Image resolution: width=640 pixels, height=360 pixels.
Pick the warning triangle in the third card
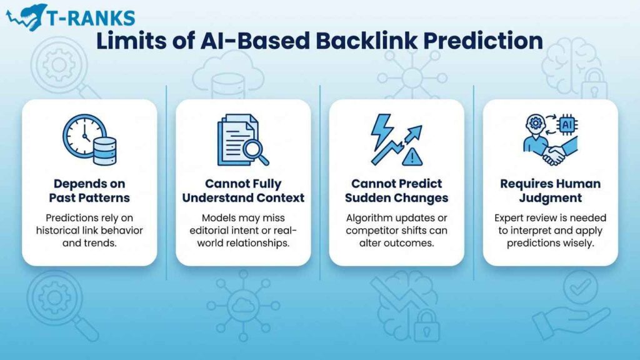pyautogui.click(x=412, y=156)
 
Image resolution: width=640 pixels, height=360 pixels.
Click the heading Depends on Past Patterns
pyautogui.click(x=89, y=191)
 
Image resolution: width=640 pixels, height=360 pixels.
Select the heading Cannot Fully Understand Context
pyautogui.click(x=243, y=191)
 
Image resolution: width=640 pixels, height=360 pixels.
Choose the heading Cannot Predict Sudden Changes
pyautogui.click(x=397, y=191)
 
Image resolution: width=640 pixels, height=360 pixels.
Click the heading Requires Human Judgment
pyautogui.click(x=551, y=191)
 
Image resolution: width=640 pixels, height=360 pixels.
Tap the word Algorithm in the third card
pyautogui.click(x=369, y=217)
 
